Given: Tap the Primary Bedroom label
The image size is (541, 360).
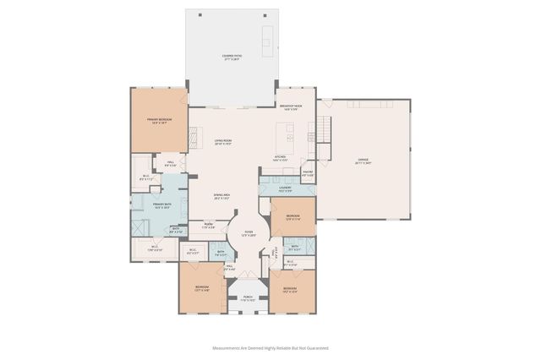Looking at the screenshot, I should (158, 122).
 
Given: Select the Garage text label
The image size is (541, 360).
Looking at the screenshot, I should (363, 160).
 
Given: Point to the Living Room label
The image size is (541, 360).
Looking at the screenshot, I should (222, 141).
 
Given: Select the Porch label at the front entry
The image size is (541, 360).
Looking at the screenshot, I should (248, 298).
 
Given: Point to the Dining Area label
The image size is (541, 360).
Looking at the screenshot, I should (222, 197).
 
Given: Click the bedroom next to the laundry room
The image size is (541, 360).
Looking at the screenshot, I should (292, 218).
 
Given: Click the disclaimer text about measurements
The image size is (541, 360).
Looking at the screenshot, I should (270, 347).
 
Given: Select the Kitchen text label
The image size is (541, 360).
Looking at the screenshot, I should (280, 157).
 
